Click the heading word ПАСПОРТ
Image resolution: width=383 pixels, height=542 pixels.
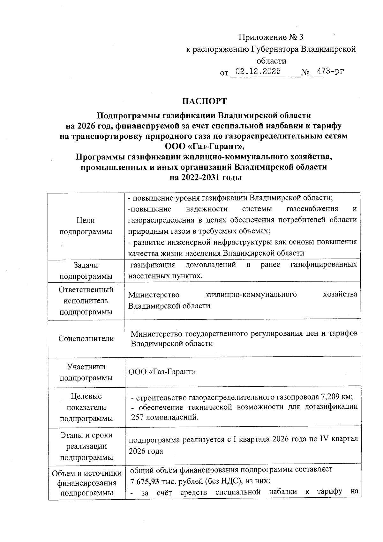204,101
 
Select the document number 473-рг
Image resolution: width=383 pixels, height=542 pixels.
329,71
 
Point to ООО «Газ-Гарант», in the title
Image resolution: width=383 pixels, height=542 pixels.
205,146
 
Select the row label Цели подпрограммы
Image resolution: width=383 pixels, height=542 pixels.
86,226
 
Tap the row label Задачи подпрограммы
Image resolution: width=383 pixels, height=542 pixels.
86,270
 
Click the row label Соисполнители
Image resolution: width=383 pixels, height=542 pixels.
86,338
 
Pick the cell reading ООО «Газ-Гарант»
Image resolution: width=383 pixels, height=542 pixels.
162,372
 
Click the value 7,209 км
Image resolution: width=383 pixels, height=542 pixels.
336,397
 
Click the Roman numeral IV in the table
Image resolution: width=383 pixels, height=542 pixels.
324,439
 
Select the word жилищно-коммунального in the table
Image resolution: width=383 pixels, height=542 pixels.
252,294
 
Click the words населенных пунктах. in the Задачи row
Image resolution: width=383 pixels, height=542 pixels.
165,276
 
